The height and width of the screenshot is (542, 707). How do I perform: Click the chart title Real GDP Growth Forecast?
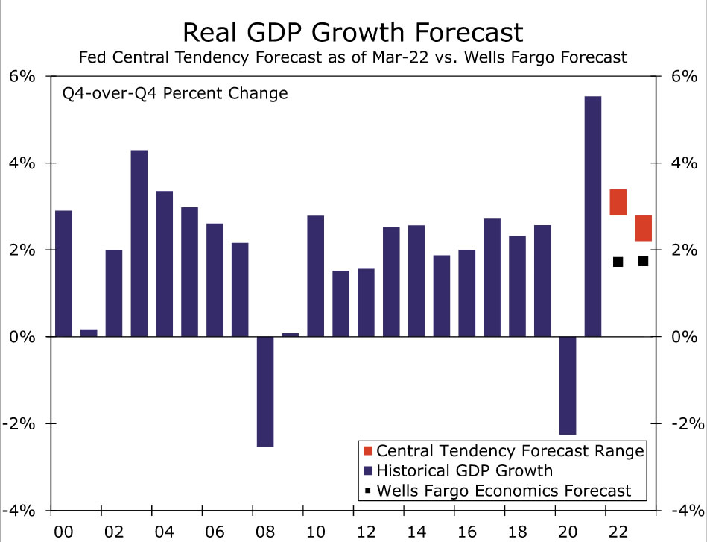click(353, 32)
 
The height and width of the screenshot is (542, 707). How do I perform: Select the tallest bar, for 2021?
click(593, 216)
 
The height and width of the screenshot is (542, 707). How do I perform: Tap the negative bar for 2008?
click(265, 391)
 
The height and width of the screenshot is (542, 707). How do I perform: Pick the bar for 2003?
click(139, 243)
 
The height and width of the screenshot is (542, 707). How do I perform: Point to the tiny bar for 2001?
click(89, 333)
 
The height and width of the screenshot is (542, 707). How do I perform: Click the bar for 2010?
click(316, 276)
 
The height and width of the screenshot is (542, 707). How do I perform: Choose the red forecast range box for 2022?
click(618, 202)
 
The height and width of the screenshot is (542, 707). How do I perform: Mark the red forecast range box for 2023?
click(644, 228)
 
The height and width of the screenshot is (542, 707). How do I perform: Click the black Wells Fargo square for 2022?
click(618, 262)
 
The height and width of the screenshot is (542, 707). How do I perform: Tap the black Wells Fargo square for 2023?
click(644, 261)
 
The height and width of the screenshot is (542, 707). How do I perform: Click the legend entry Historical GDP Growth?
click(465, 470)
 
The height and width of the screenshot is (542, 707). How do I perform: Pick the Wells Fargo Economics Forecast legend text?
click(504, 491)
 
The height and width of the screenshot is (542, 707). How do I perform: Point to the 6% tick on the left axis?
click(22, 76)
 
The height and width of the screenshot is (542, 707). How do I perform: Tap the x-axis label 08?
click(265, 532)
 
